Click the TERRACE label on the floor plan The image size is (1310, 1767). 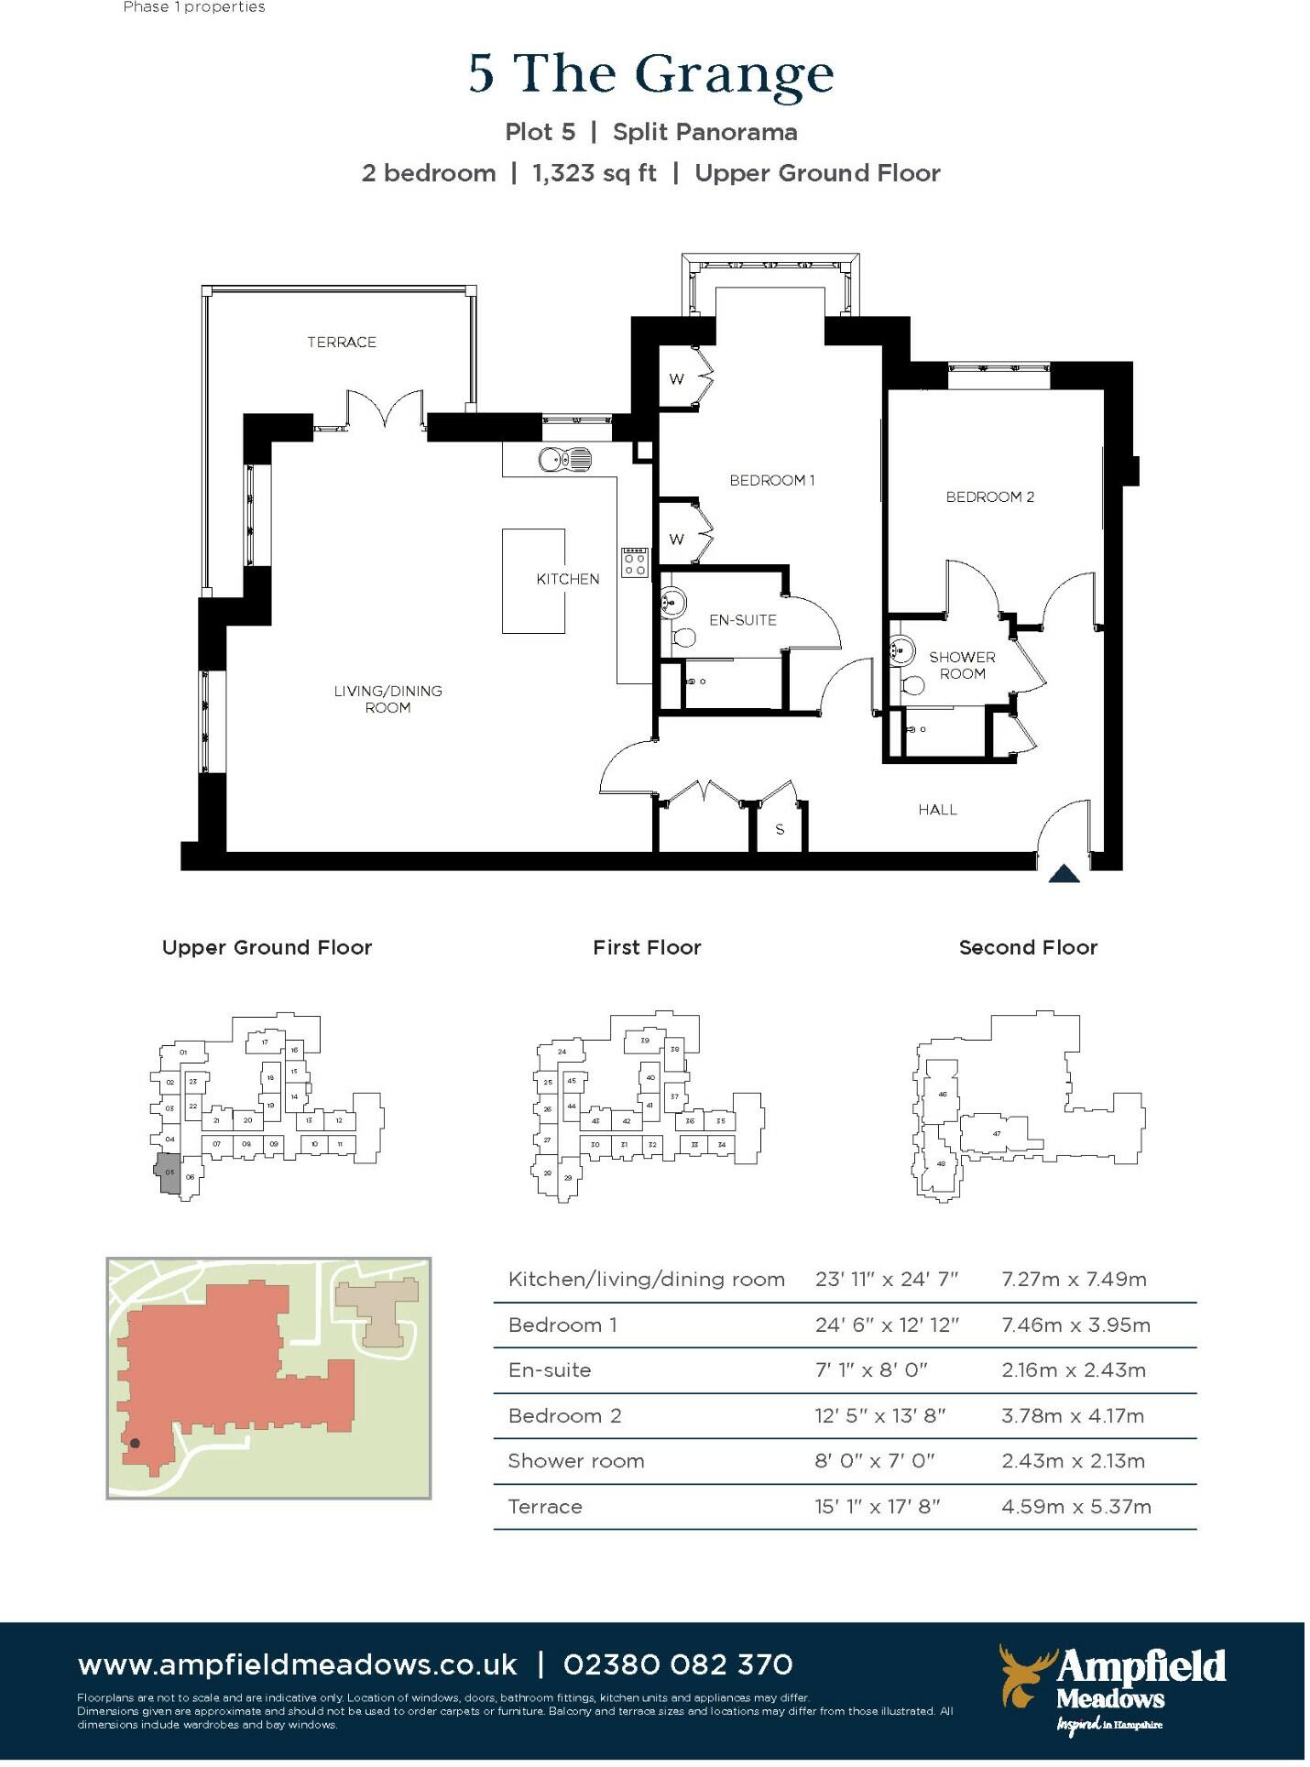tap(342, 342)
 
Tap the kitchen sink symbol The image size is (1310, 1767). tap(564, 458)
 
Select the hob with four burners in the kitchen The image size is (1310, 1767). tap(635, 562)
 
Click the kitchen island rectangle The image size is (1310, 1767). tap(533, 581)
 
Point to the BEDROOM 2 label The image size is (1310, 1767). tap(989, 496)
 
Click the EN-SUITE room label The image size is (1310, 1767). tap(742, 620)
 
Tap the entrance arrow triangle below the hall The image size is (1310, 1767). tap(1064, 874)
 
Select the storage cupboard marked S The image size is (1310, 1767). tap(780, 829)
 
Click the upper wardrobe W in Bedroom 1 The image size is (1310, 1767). tap(676, 378)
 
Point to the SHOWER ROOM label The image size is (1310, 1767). tap(962, 665)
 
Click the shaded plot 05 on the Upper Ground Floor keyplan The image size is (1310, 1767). tap(169, 1173)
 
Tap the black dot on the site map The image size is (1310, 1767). tap(135, 1444)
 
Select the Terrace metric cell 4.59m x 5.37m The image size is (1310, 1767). tap(1075, 1507)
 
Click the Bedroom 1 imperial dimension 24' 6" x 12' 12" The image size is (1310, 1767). tap(886, 1325)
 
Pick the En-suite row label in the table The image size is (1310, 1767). tap(550, 1370)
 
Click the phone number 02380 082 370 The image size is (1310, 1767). tap(678, 1664)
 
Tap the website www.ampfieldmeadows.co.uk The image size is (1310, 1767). tap(298, 1664)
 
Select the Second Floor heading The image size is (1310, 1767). tap(1027, 947)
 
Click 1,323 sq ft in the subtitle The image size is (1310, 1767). tap(595, 173)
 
